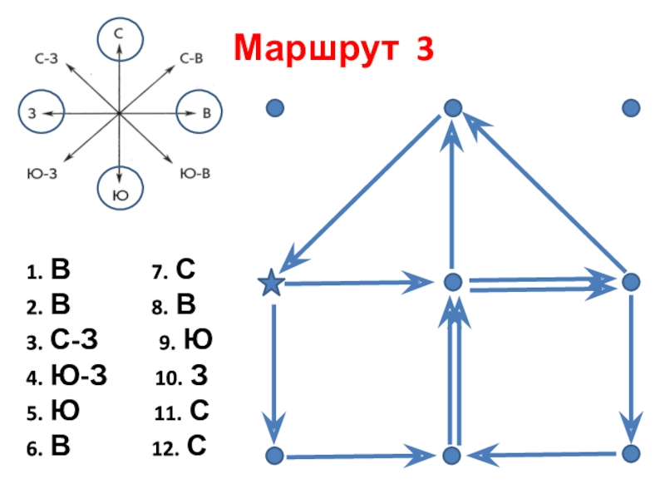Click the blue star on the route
tap(271, 284)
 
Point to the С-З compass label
tap(46, 59)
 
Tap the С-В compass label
tap(191, 59)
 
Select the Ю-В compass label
tap(195, 173)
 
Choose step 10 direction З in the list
tap(199, 378)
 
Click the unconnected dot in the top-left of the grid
tap(275, 108)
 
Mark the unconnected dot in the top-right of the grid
tap(631, 108)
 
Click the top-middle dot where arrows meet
tap(452, 108)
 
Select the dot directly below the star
tap(274, 455)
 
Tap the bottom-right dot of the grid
tap(631, 453)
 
